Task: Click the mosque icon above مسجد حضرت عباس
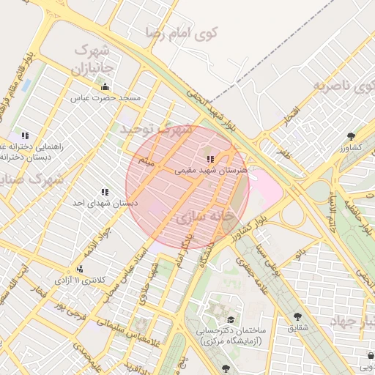point(105,87)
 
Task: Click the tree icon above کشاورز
point(351,136)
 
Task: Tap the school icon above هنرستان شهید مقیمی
point(210,158)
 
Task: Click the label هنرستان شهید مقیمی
point(211,169)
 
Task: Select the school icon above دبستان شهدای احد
point(105,192)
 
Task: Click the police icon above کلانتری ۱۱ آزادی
point(59,269)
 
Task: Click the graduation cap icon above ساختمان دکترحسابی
point(231,320)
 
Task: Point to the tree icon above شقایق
point(297,316)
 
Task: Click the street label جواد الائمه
point(97,239)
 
